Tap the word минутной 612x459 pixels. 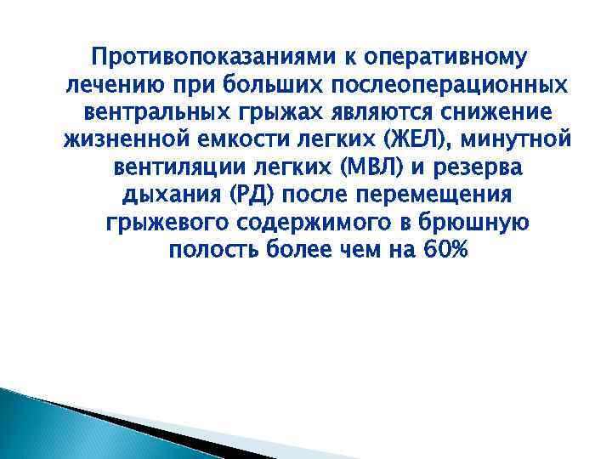pos(518,140)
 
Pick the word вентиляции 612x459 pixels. pos(188,167)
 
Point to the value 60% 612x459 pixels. pos(443,250)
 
